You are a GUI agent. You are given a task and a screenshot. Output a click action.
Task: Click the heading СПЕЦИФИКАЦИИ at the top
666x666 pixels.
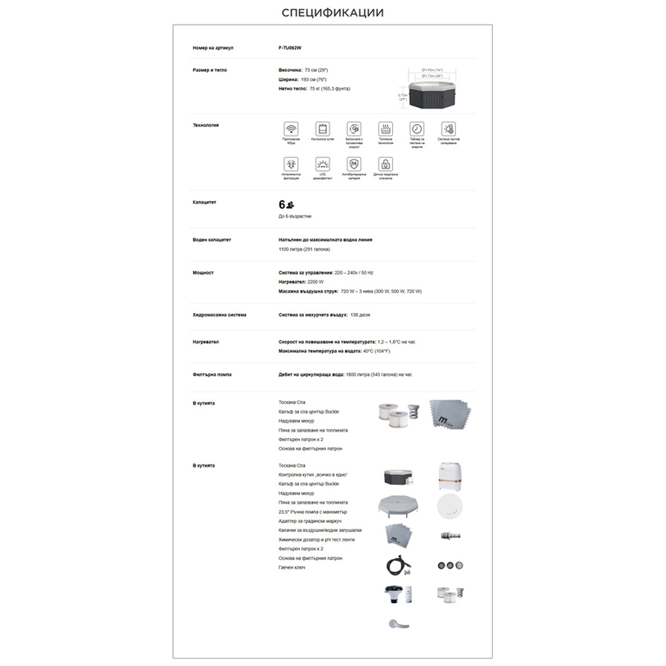point(333,12)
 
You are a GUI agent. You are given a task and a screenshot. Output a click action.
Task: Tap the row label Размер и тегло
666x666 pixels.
point(210,70)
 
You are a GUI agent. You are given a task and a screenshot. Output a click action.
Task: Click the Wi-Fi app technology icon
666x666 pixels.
point(291,129)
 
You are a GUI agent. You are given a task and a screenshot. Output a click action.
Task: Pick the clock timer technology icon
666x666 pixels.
point(417,129)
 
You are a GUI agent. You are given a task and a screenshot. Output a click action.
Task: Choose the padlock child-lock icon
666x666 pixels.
point(385,163)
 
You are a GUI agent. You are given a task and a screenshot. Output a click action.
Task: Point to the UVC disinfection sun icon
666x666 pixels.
point(323,163)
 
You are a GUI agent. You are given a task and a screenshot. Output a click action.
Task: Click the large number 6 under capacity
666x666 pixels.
point(282,204)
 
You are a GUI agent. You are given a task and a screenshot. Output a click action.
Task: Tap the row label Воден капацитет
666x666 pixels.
point(212,240)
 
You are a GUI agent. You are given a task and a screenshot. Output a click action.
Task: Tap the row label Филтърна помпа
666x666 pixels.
point(212,374)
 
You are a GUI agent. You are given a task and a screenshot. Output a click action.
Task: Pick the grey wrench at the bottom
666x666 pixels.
point(398,624)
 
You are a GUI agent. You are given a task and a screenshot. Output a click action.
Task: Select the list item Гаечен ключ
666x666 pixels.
point(289,567)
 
